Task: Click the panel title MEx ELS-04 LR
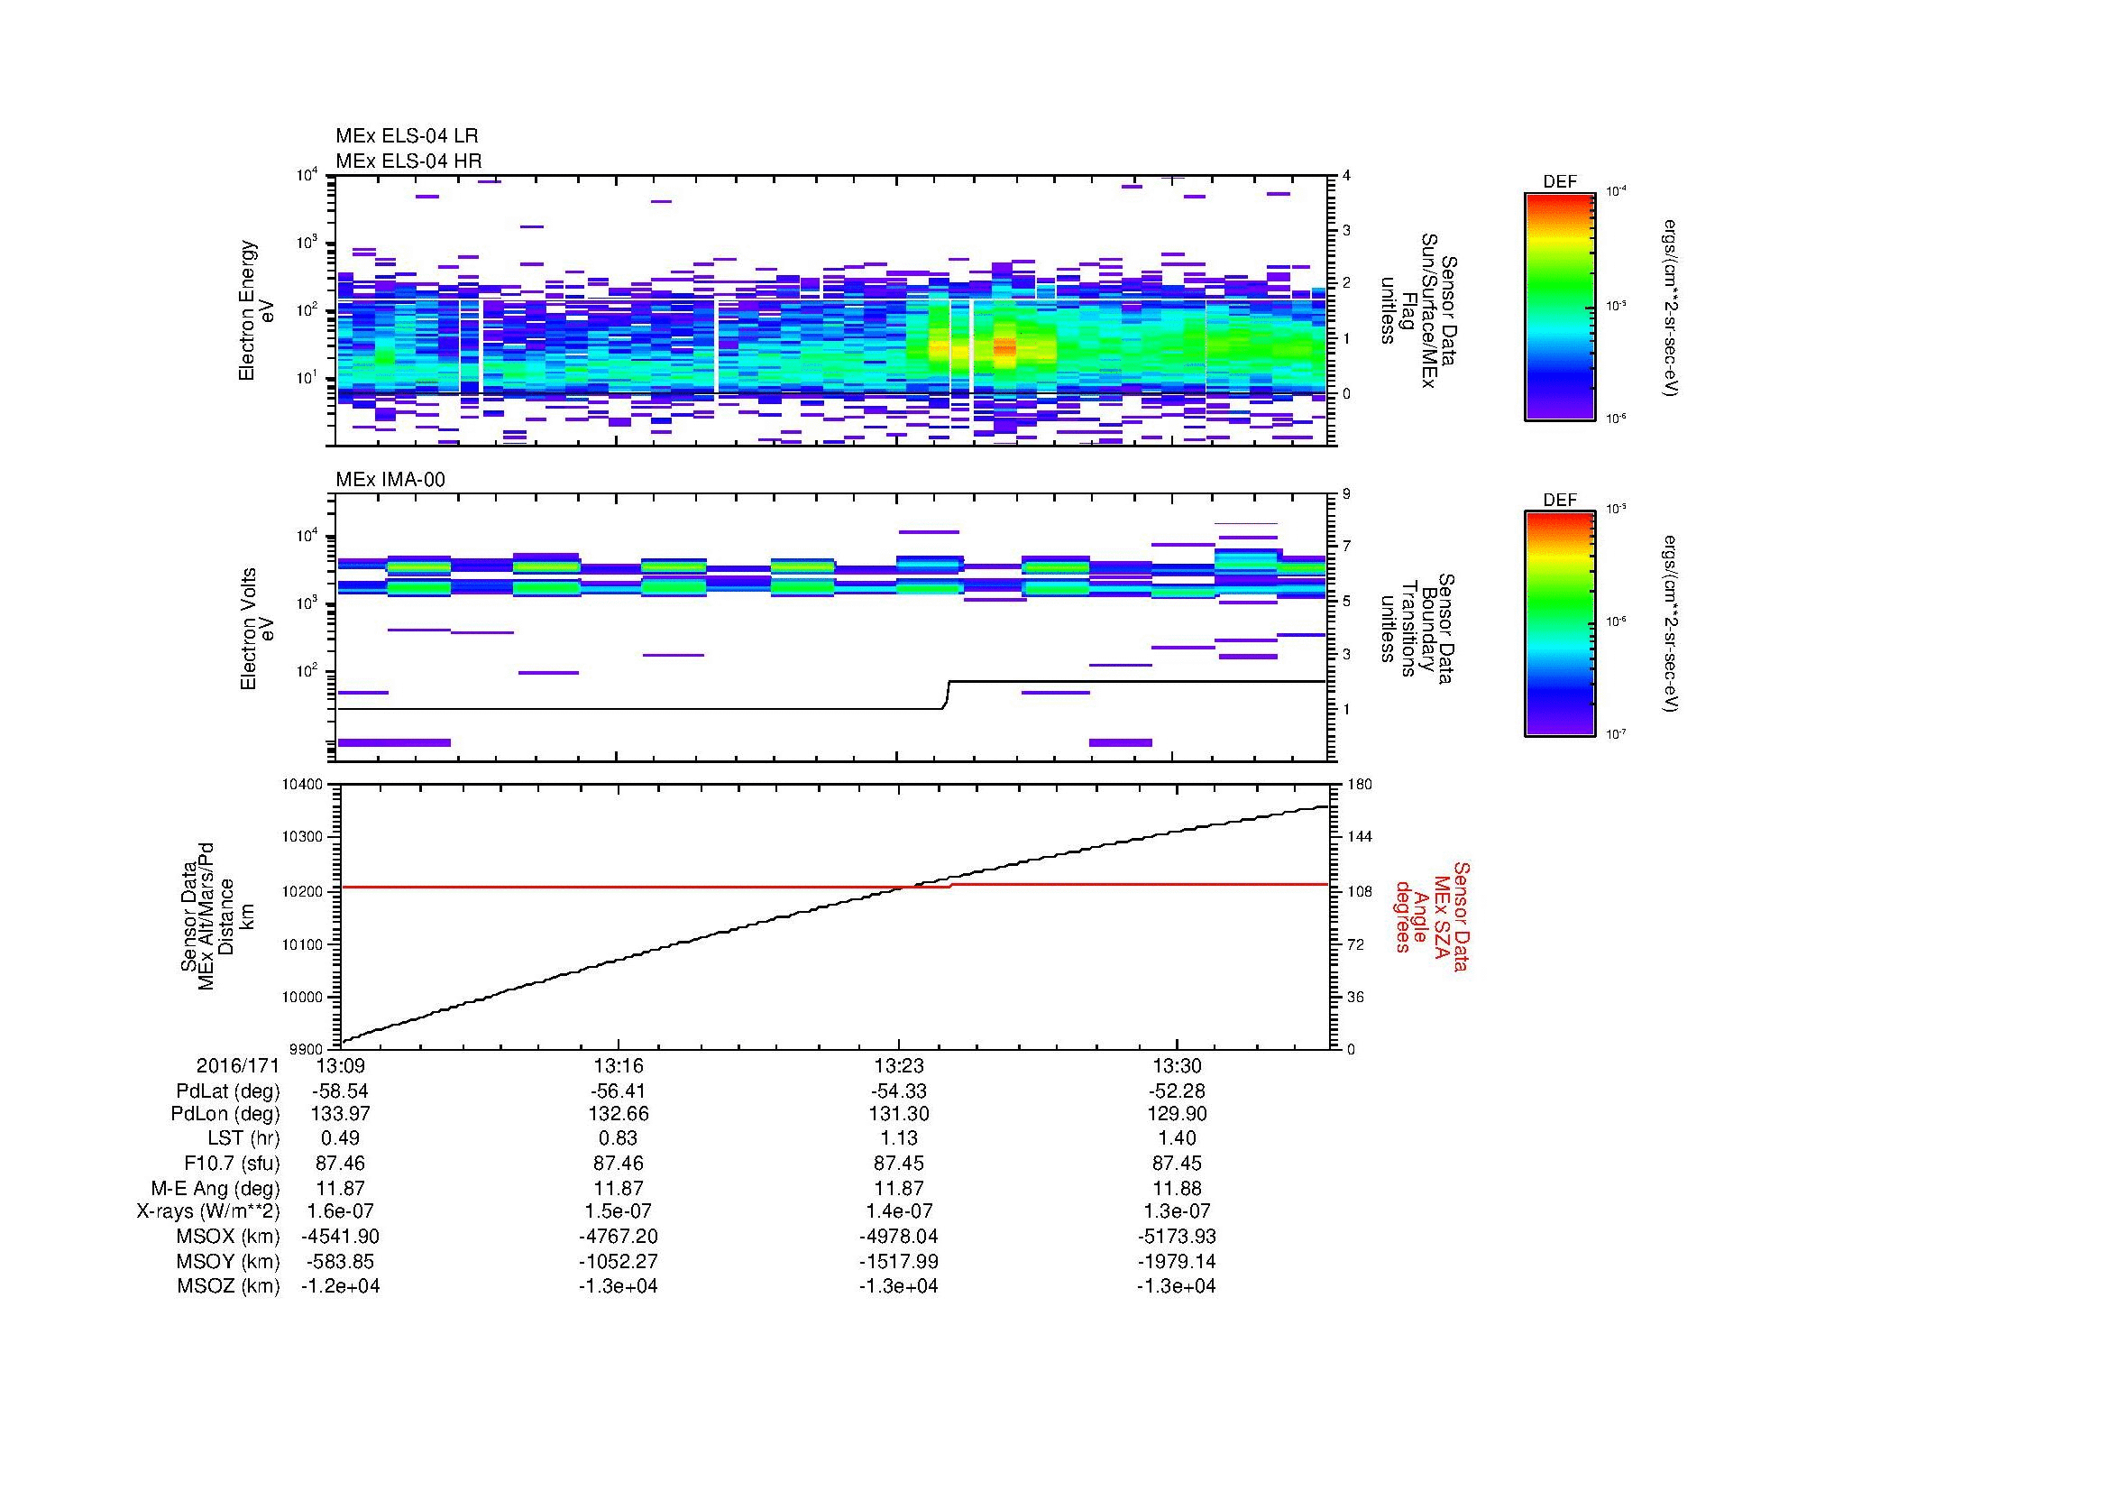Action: (406, 137)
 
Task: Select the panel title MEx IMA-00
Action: (390, 480)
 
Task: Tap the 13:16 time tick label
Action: (619, 1066)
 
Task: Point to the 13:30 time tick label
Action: (1177, 1066)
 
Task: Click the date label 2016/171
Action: (237, 1066)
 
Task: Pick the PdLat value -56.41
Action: (619, 1091)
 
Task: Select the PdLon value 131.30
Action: (898, 1114)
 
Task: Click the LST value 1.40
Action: (1177, 1139)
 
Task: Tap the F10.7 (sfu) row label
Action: (228, 1164)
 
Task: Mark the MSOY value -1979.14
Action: (1177, 1262)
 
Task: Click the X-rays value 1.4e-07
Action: (898, 1212)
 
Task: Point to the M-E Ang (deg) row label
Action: (215, 1189)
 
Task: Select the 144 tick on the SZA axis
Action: (1359, 837)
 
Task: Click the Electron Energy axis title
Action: (248, 310)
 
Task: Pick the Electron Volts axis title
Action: (248, 629)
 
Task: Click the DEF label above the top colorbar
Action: (1559, 182)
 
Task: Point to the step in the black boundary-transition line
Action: (947, 695)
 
